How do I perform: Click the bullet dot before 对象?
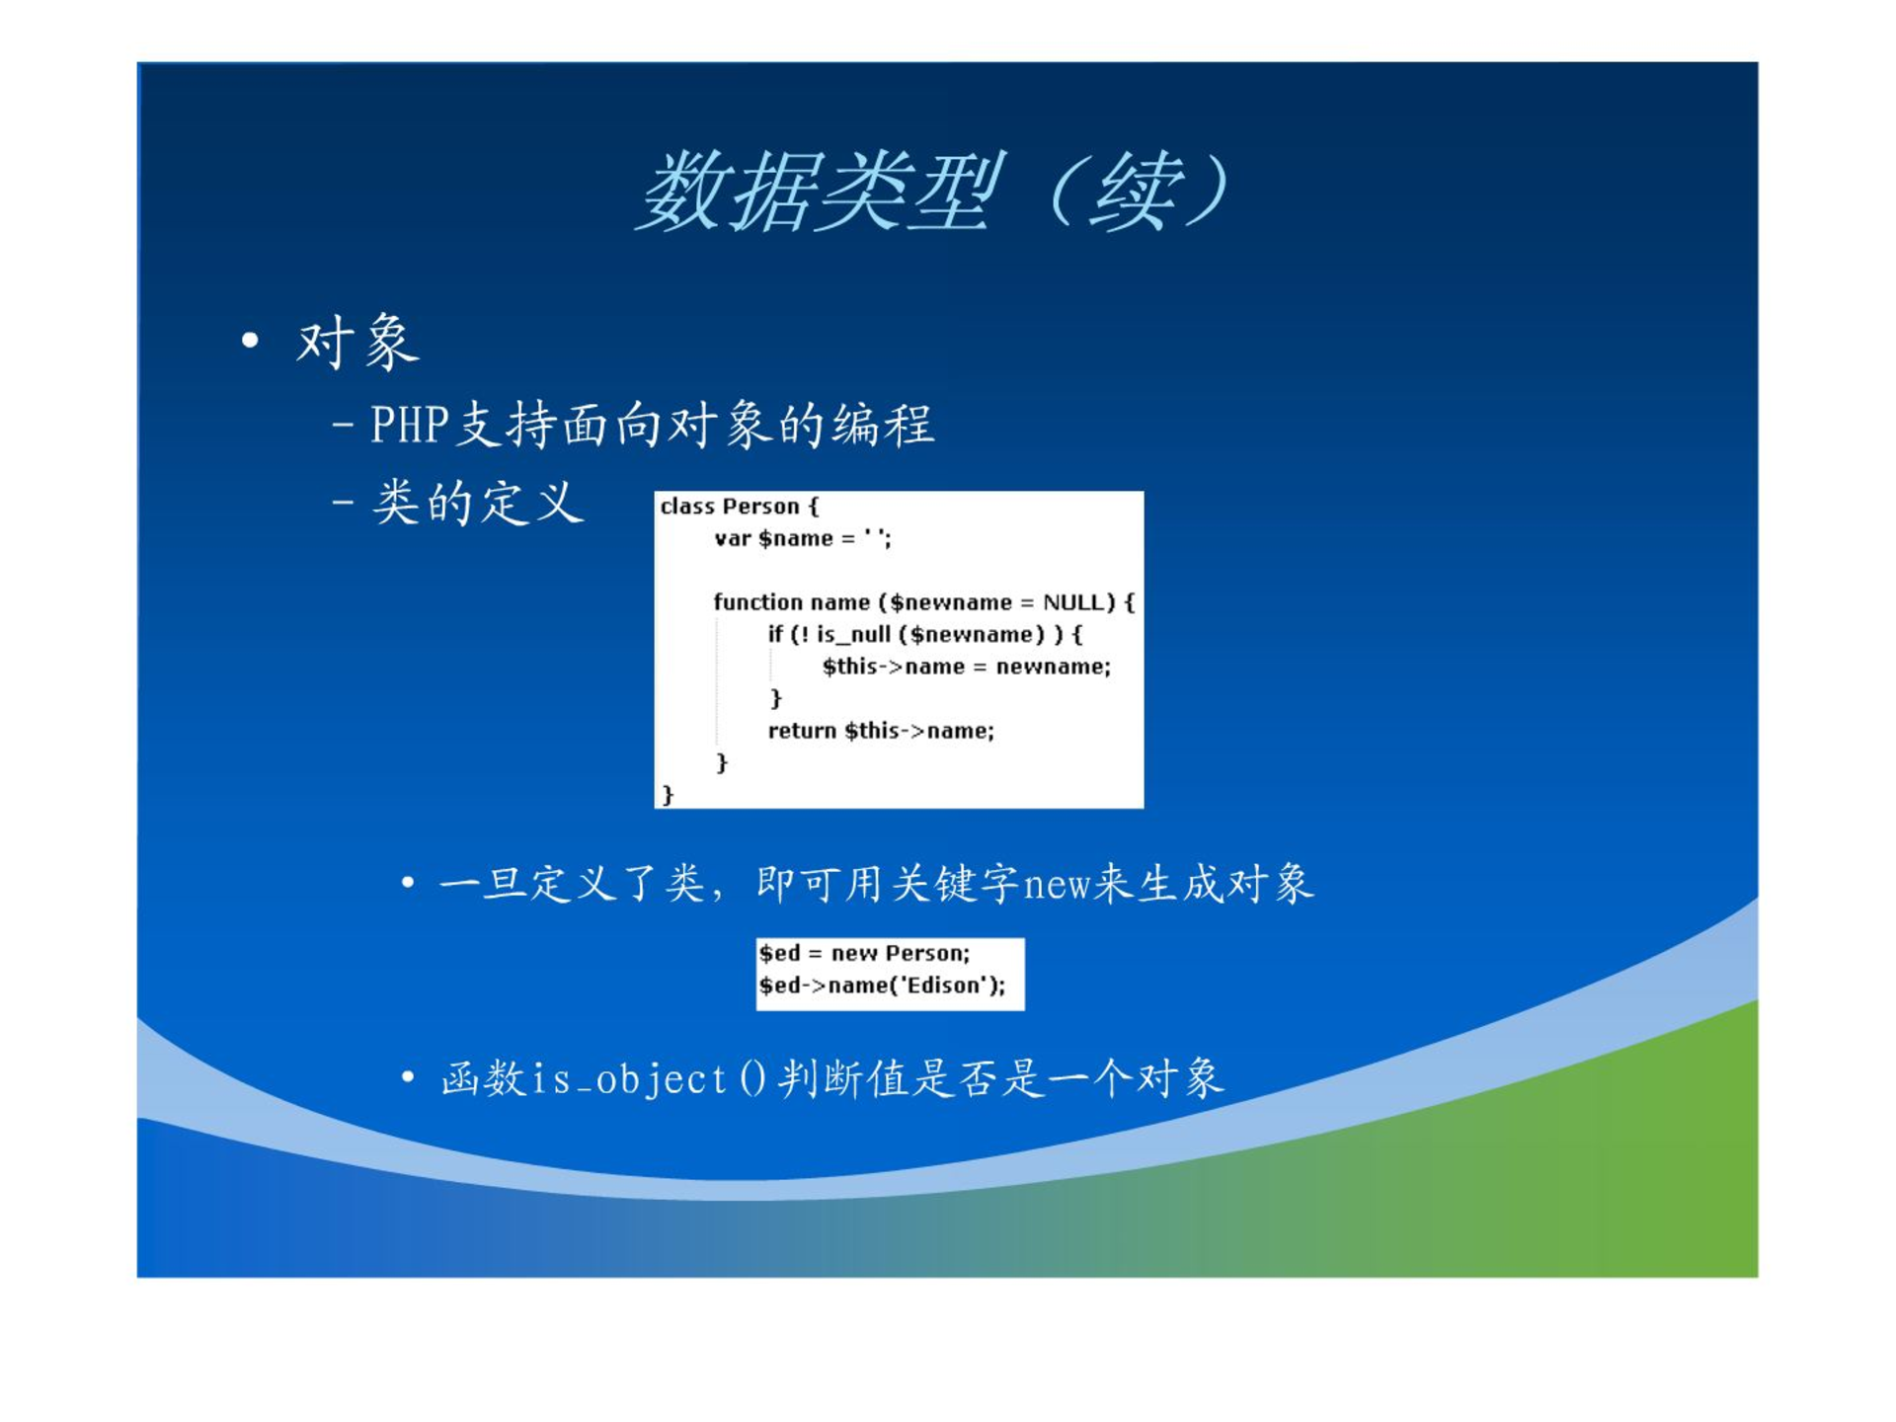click(250, 341)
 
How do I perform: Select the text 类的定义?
click(478, 503)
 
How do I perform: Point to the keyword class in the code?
click(688, 507)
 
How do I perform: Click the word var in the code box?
click(733, 539)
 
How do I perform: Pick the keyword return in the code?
click(802, 731)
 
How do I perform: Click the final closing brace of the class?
click(669, 795)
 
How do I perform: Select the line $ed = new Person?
click(864, 953)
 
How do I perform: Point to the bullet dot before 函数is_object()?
click(408, 1076)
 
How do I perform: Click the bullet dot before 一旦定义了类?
click(408, 882)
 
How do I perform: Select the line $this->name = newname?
click(967, 667)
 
